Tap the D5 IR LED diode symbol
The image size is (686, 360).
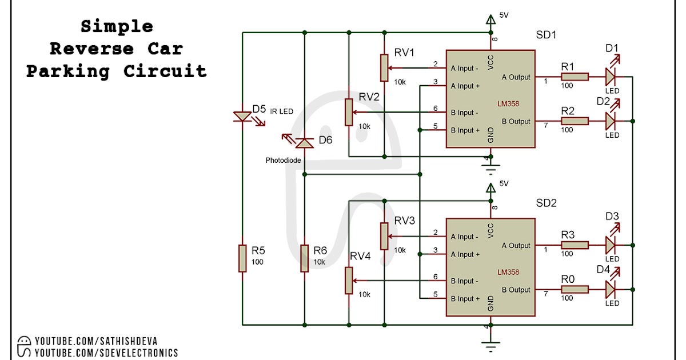(x=242, y=117)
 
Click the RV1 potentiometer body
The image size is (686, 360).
(x=384, y=68)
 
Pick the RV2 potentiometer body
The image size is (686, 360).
(x=348, y=112)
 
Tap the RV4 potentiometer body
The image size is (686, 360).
(x=348, y=281)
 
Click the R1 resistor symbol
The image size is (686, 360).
(x=575, y=77)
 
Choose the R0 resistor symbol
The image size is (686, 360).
(x=575, y=290)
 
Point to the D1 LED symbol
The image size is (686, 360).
(x=611, y=77)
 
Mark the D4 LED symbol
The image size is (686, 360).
(x=611, y=290)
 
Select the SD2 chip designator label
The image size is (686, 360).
(x=546, y=203)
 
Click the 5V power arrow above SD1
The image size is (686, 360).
(x=490, y=20)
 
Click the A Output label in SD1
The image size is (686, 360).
(x=516, y=77)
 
